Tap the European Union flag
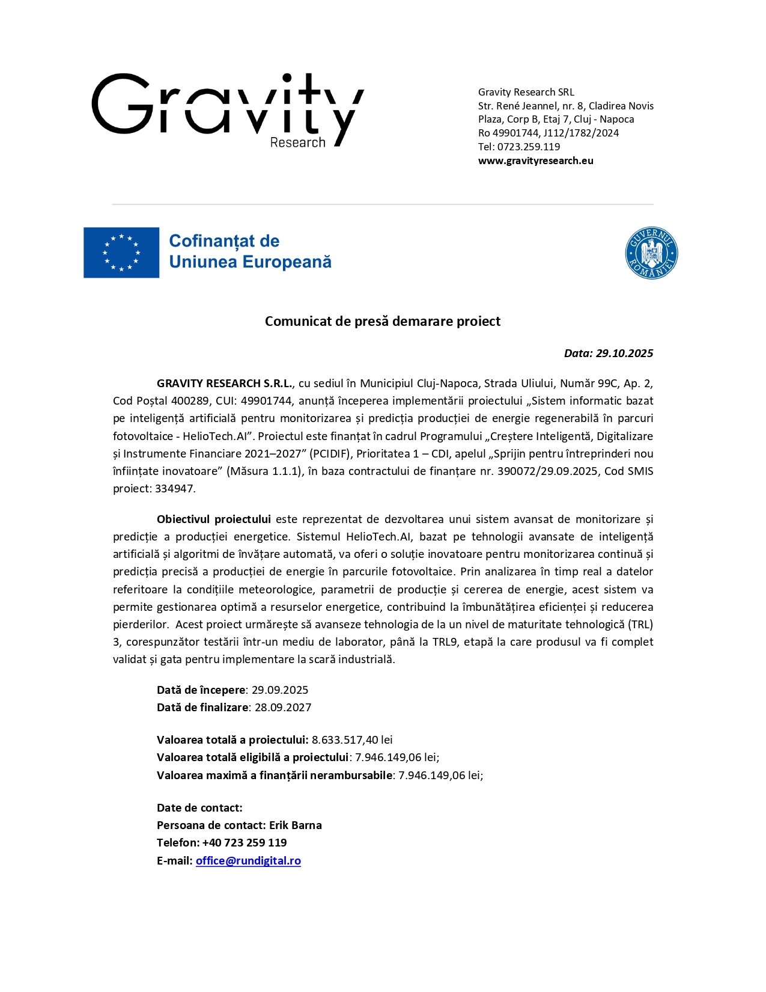(121, 253)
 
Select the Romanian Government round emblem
(651, 253)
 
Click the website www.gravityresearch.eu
(535, 161)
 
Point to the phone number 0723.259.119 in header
(528, 147)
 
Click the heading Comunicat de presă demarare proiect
(383, 321)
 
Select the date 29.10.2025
(624, 354)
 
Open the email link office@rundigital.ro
(248, 860)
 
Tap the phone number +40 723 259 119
(245, 842)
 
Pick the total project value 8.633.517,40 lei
(352, 739)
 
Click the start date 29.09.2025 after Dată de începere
(280, 690)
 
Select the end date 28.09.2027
(283, 707)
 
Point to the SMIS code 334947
(174, 488)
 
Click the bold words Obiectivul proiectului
(214, 519)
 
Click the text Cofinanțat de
(224, 241)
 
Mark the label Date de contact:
(199, 807)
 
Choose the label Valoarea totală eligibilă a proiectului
(252, 757)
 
